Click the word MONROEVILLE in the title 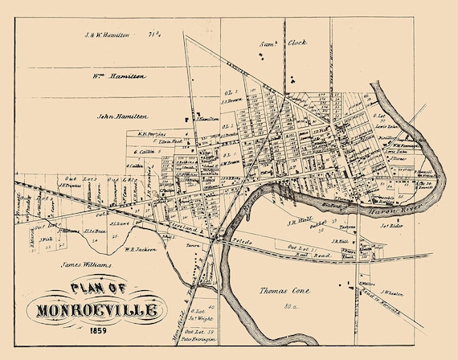[99, 309]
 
